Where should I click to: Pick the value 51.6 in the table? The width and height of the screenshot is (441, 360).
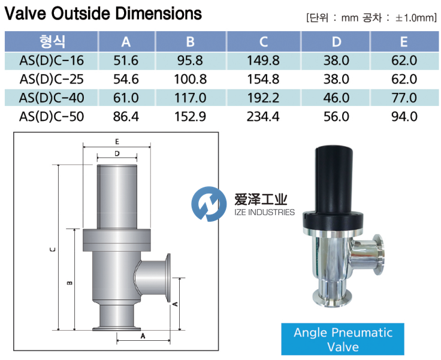point(126,60)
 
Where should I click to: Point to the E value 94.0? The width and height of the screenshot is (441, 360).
point(404,116)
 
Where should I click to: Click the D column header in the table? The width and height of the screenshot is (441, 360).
point(336,41)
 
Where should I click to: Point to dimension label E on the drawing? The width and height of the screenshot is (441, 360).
point(117,141)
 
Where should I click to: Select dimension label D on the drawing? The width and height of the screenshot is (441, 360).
point(117,154)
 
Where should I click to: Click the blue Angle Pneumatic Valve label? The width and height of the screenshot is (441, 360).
point(343,339)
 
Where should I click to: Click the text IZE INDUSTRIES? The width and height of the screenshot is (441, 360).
point(264,212)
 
